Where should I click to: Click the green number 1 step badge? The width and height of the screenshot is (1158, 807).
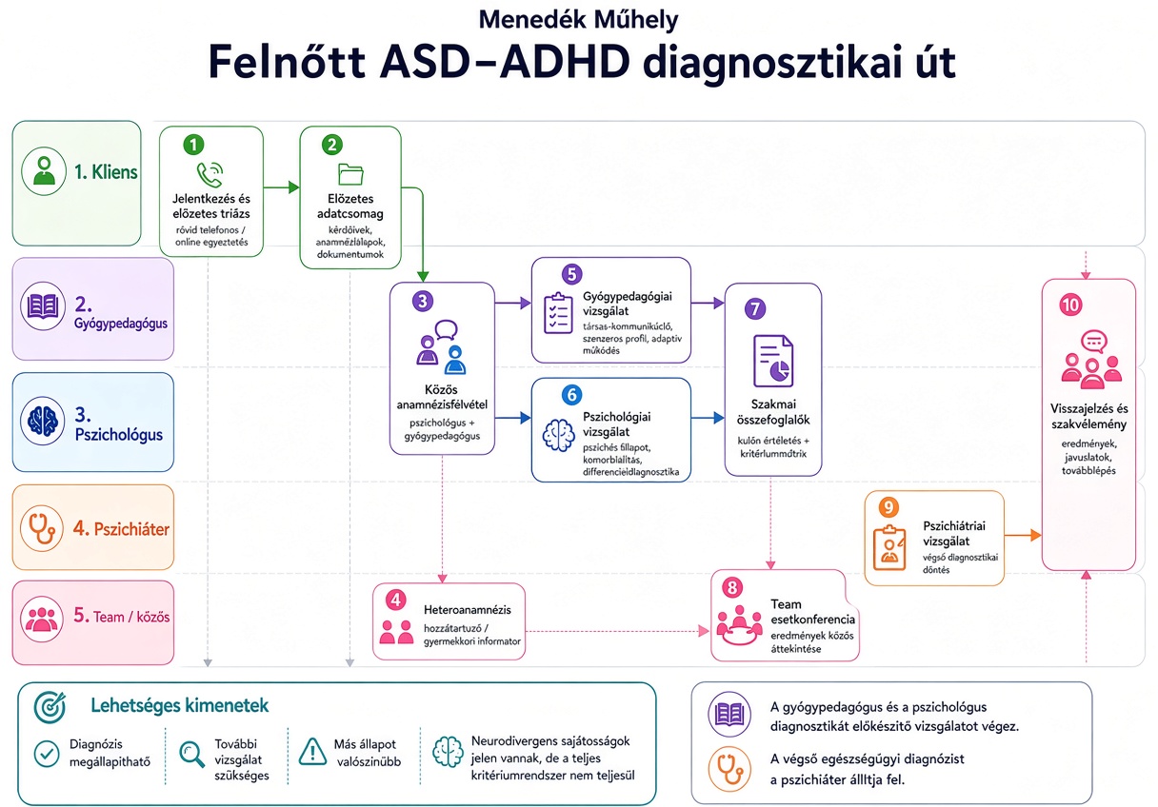pos(194,145)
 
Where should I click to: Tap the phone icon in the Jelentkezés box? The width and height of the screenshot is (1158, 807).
pos(210,174)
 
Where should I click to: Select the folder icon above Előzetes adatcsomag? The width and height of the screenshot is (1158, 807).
pos(350,174)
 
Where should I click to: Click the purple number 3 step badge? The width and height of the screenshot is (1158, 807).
pos(423,301)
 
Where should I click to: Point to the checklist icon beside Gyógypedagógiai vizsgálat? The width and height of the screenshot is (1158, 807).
pos(558,313)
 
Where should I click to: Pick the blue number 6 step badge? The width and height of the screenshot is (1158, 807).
pos(571,395)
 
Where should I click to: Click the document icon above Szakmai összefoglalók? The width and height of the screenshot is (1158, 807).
pos(773,361)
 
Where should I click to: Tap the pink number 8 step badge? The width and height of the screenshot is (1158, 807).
pos(732,587)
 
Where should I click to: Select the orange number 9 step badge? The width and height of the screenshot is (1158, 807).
pos(888,507)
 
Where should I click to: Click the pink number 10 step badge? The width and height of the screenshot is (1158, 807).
pos(1070,305)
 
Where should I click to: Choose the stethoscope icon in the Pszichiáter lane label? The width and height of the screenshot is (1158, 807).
pos(42,528)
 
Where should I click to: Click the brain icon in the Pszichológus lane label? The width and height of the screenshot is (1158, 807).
pos(43,421)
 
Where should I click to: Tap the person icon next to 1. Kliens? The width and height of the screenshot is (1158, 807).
pos(44,171)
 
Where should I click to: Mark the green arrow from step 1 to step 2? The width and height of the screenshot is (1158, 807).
pos(281,187)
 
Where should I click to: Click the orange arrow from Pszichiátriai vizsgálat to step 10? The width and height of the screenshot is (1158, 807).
pos(1023,535)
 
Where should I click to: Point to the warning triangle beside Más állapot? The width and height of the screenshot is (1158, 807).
pos(312,751)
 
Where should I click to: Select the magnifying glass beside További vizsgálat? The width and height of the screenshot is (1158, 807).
pos(191,755)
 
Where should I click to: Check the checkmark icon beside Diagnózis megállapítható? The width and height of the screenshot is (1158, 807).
pos(47,754)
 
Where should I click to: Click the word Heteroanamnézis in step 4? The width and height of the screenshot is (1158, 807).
pos(468,610)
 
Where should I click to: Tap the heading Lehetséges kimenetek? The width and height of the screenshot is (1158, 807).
pos(179,705)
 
